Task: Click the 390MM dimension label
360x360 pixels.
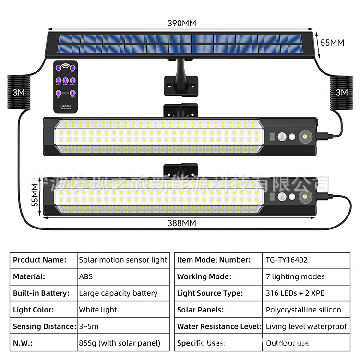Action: tap(182, 23)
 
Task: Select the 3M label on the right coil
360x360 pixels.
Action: tap(341, 92)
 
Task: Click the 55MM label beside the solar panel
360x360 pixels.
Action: tap(332, 42)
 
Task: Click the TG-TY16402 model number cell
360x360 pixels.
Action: tap(287, 260)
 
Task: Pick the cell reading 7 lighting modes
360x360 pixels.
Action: tap(295, 276)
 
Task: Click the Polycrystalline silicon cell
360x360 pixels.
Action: tap(303, 310)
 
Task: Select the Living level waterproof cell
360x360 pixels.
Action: tap(306, 326)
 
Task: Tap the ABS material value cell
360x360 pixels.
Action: tap(86, 276)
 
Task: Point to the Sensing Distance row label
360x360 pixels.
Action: tap(44, 326)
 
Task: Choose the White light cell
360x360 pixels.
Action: tap(98, 310)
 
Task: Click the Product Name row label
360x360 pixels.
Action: tap(39, 260)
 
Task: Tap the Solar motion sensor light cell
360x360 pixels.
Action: tap(123, 260)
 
